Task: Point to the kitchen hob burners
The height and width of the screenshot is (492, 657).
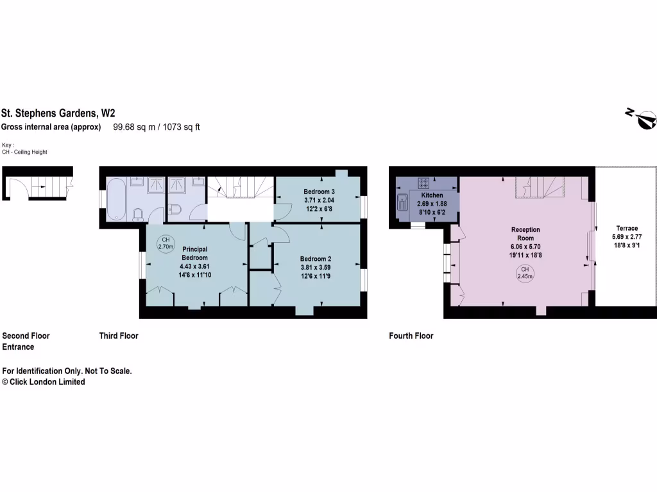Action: tap(423, 182)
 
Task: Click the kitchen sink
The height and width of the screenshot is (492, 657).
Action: tap(402, 202)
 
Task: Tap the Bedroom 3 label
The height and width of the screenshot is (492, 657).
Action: tap(319, 192)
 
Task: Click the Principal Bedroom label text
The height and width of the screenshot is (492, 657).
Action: tap(194, 253)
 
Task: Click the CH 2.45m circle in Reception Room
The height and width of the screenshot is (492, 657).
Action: tap(525, 273)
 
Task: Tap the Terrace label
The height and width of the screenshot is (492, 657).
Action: tap(627, 228)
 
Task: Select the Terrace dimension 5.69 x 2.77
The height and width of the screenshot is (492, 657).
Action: tap(627, 236)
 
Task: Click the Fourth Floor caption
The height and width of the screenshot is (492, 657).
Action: tap(411, 336)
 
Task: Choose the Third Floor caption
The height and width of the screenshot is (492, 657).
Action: tap(119, 336)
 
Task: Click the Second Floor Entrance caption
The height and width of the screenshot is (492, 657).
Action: tap(26, 341)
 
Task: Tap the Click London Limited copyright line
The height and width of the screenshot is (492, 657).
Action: tap(44, 382)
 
